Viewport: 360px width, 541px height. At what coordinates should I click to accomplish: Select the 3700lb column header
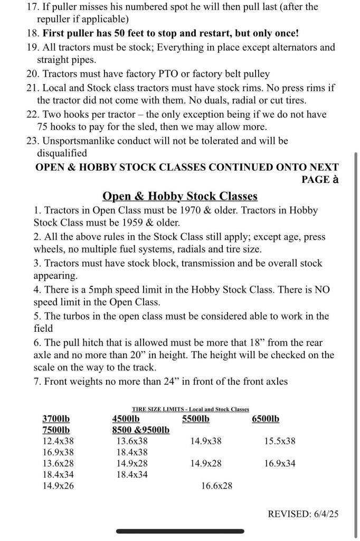point(56,419)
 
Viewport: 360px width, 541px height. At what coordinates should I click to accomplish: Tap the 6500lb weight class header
point(266,419)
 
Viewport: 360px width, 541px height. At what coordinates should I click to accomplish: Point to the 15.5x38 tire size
point(279,441)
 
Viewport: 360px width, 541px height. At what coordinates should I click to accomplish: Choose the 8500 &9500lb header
point(140,430)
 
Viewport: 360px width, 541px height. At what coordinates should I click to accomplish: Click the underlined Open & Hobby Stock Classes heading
point(180,197)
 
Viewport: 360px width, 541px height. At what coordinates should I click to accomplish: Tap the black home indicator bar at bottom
point(180,531)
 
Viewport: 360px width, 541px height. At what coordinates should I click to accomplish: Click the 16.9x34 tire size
point(279,463)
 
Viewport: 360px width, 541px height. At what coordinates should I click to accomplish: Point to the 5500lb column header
point(195,419)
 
